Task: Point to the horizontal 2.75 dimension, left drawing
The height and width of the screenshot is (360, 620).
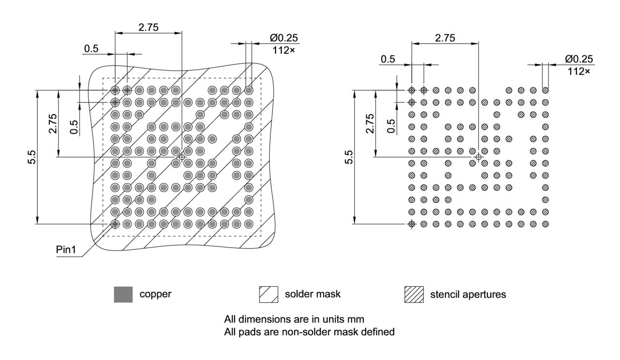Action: click(148, 27)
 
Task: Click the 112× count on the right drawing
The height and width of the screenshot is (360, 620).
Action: click(578, 71)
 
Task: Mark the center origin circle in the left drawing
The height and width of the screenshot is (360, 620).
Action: click(182, 157)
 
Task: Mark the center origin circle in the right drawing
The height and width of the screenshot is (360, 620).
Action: click(479, 157)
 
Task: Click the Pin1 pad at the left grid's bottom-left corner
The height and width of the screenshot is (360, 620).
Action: click(115, 224)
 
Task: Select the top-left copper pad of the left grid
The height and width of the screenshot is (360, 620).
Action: click(115, 90)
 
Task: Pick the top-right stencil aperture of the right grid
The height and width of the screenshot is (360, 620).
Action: click(545, 90)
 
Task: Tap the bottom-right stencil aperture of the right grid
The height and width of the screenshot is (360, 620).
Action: click(545, 224)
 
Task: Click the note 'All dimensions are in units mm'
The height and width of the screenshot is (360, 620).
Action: click(294, 320)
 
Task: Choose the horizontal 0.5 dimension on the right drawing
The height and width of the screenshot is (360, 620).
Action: click(387, 59)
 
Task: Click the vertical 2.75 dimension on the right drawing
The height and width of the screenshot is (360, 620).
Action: click(370, 124)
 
